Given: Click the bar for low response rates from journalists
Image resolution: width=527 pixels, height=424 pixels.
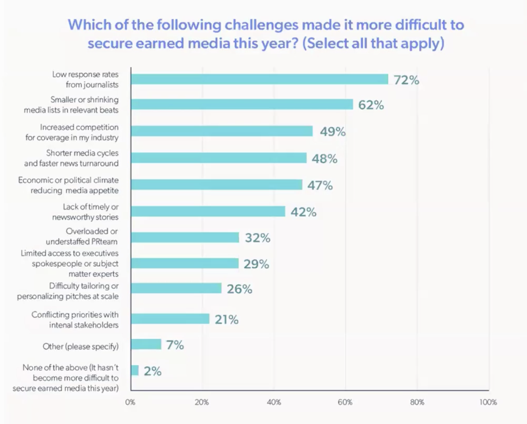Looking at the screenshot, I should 260,79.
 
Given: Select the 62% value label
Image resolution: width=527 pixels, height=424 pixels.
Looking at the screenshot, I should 371,105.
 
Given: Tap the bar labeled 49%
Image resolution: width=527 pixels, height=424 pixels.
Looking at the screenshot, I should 222,131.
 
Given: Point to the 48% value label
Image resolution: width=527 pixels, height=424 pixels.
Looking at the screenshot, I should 324,158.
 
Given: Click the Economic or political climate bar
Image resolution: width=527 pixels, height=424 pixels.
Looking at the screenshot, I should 217,185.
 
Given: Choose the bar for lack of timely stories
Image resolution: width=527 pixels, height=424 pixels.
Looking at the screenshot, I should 208,212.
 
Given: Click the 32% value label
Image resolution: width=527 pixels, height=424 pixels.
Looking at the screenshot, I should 258,238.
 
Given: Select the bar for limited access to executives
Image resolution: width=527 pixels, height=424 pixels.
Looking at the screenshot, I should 185,264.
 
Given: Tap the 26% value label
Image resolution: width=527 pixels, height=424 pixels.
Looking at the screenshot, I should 240,289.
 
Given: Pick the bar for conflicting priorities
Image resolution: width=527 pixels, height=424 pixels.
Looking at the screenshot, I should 170,319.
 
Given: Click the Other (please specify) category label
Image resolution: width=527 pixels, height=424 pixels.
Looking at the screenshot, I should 81,347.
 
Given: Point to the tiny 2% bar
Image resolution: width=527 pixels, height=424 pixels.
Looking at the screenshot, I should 135,370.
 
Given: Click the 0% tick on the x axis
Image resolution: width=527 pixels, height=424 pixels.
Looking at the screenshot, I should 130,402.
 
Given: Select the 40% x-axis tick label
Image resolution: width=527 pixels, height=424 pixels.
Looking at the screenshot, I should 274,402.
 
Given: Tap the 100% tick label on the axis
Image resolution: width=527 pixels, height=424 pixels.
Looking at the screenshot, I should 488,402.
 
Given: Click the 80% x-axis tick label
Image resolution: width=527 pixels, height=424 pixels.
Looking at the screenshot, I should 417,402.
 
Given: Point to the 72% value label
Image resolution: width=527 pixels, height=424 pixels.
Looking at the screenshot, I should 407,80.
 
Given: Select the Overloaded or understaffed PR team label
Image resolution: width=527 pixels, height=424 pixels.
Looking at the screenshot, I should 82,236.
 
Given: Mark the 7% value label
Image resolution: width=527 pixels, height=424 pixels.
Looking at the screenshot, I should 175,345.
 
